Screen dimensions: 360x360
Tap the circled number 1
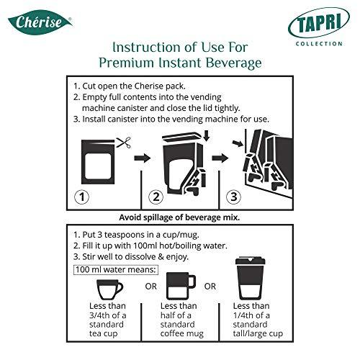coord(84,197)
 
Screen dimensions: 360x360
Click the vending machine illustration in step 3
coord(263,162)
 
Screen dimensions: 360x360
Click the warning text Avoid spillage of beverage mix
coord(179,217)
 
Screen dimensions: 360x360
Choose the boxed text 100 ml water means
coord(112,268)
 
